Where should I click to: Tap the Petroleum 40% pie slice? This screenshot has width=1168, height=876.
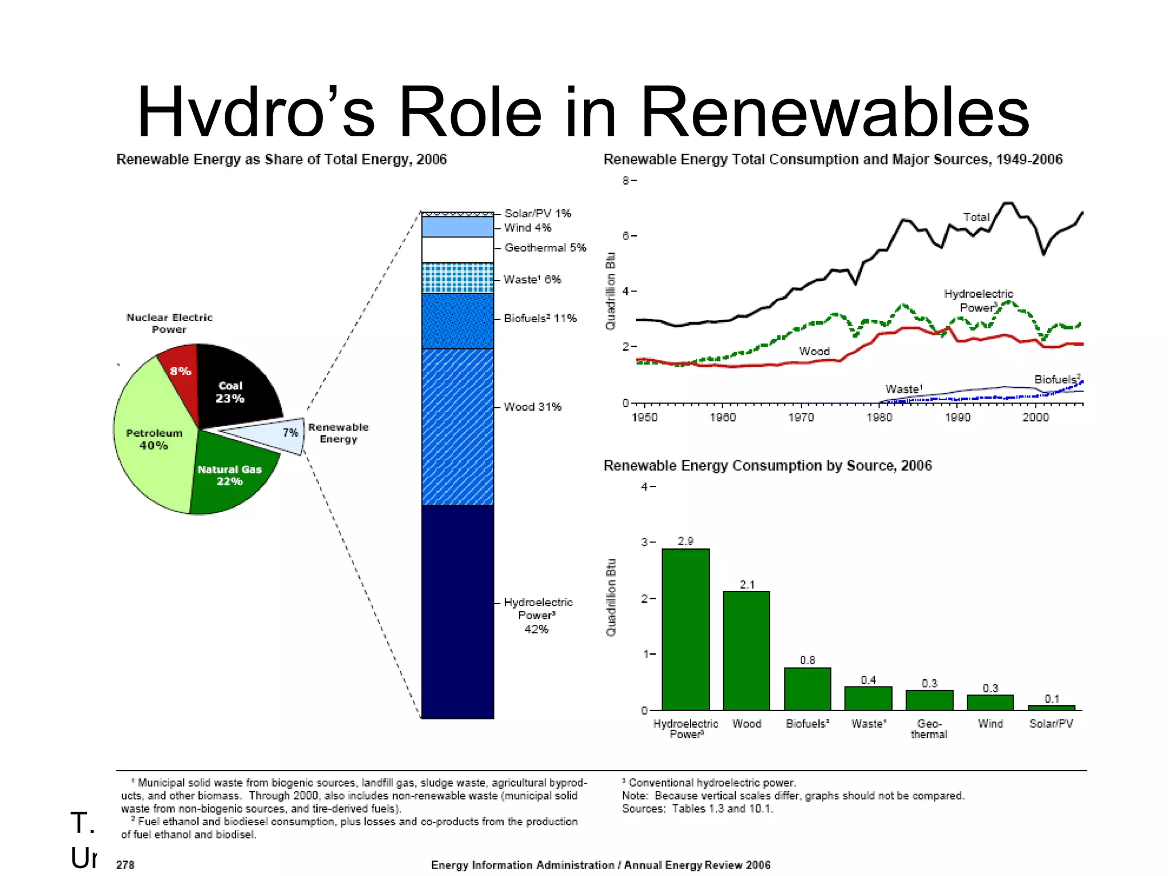153,439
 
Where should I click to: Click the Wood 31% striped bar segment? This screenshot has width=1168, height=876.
457,427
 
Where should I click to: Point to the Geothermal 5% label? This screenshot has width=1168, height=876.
545,248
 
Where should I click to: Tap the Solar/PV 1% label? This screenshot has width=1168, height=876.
537,213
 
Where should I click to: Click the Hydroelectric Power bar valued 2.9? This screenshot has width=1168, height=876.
686,630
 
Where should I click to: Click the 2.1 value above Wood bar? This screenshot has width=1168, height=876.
747,585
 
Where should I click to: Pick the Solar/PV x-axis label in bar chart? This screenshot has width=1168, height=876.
1051,724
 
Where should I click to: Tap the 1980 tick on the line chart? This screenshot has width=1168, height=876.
879,417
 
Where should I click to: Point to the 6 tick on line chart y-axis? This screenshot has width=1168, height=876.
626,236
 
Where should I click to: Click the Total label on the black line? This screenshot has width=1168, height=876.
976,217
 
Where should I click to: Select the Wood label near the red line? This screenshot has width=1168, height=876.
814,351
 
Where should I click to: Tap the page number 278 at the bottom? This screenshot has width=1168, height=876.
125,865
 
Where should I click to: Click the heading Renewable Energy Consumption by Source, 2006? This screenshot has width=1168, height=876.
767,466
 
